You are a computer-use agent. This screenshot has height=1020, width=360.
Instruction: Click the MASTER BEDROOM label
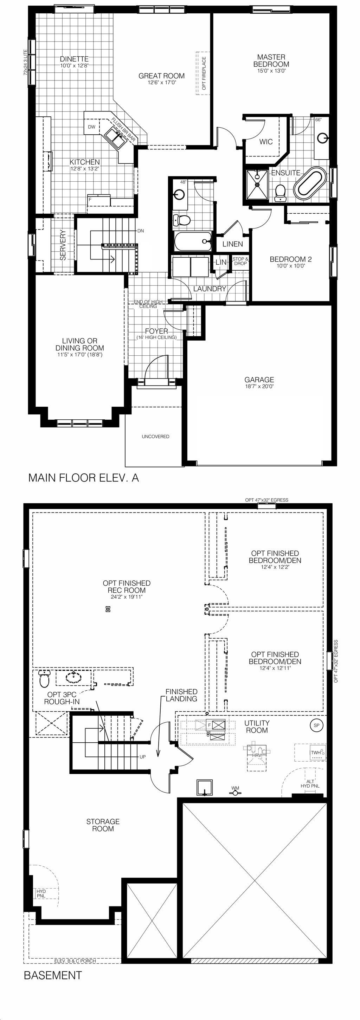point(271,60)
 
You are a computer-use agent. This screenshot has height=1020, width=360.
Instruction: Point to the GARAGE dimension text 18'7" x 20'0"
point(259,387)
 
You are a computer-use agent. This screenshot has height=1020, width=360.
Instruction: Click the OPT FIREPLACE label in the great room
point(204,73)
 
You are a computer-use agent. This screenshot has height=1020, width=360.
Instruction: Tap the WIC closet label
point(266,142)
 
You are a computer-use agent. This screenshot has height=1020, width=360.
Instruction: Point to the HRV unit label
point(257,755)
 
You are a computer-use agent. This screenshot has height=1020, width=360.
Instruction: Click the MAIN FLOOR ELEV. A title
point(84,478)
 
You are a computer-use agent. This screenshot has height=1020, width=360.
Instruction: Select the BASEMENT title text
point(53,975)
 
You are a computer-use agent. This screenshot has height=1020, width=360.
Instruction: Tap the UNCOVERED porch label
point(156,436)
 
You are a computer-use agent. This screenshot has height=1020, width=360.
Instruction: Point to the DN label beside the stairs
point(141,231)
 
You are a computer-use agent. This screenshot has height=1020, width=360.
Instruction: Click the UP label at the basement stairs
point(143,757)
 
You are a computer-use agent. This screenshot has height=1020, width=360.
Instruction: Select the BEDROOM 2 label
point(291,259)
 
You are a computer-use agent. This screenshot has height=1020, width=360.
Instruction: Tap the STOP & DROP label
point(240,262)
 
